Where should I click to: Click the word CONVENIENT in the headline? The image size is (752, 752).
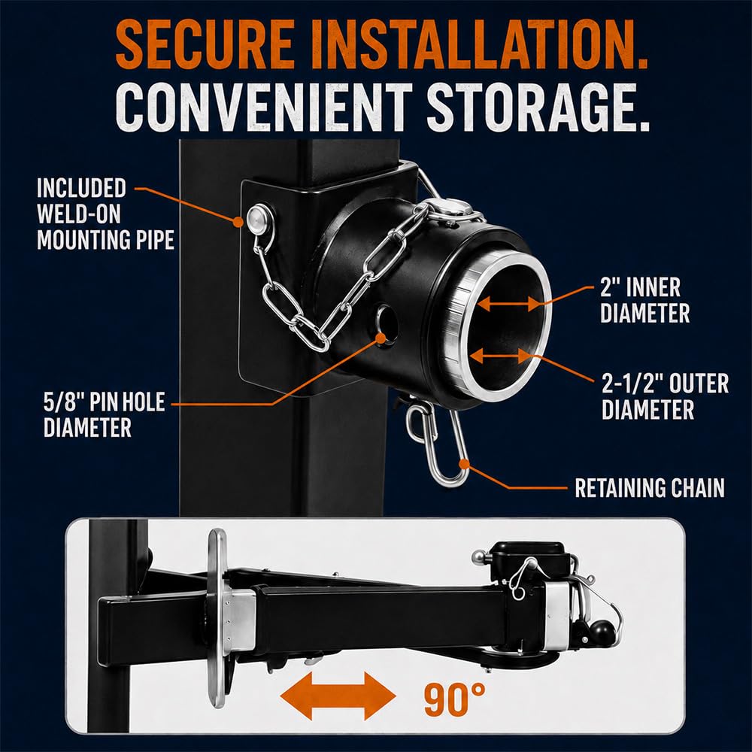tap(264, 108)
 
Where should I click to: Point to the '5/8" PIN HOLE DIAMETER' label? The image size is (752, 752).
tap(104, 414)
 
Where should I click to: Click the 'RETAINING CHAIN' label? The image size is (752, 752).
tap(650, 488)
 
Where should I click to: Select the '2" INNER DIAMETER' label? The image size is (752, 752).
tap(644, 301)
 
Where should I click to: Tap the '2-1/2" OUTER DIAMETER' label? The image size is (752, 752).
tap(666, 396)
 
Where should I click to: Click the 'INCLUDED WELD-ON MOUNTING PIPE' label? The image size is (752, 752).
tap(105, 214)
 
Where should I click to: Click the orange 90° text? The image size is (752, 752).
tap(454, 699)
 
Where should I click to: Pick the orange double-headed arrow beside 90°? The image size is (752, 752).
tap(338, 696)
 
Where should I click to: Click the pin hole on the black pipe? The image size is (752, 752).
tap(387, 323)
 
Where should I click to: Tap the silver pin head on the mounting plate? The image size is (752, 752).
tap(259, 218)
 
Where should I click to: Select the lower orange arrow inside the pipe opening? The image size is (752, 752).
tap(502, 356)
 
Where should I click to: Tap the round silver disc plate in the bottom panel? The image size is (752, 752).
tap(217, 618)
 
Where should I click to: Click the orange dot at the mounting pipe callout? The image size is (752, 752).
tap(238, 222)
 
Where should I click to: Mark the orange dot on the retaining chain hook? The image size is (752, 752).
tap(464, 464)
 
